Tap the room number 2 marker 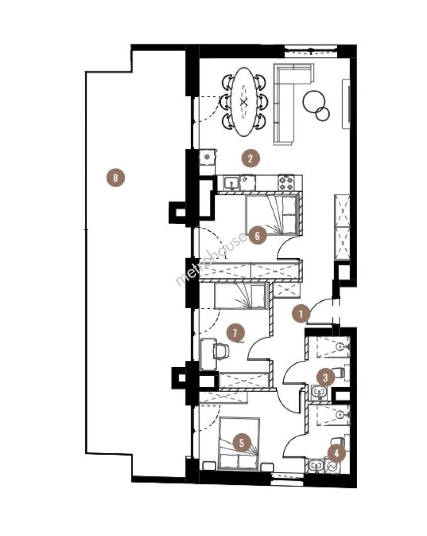[250, 158]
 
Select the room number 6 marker [257, 235]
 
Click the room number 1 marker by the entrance [301, 314]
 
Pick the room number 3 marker [325, 377]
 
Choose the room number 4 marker [337, 454]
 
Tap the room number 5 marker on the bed [242, 443]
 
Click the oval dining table [243, 102]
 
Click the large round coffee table [313, 101]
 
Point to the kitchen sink [232, 184]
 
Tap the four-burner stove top [286, 183]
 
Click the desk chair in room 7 [221, 351]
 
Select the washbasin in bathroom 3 [320, 393]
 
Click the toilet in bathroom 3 [341, 373]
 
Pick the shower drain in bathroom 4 [340, 414]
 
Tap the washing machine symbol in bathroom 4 [332, 466]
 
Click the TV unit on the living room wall [346, 104]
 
